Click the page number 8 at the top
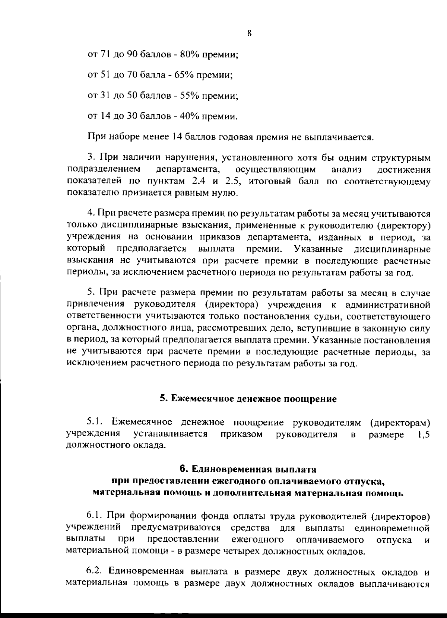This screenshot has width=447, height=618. tap(249, 33)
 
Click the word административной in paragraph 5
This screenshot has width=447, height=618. tap(388, 305)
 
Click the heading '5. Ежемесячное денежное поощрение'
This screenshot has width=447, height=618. tap(248, 399)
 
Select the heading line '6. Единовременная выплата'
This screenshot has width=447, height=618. tap(248, 469)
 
